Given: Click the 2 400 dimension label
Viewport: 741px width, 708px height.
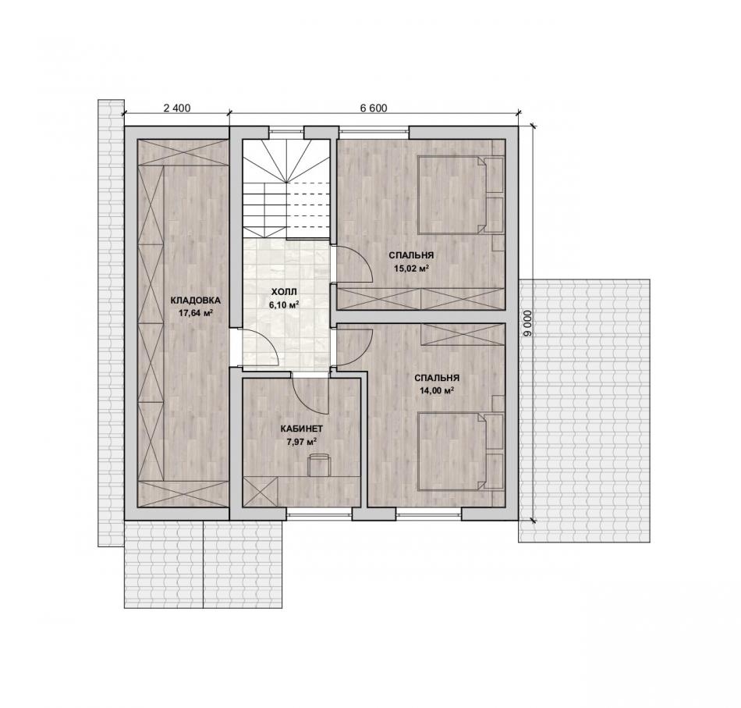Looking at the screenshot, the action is (177, 109).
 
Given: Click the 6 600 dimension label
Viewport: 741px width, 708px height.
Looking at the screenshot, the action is (374, 109).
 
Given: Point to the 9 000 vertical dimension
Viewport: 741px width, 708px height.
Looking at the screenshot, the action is (528, 323).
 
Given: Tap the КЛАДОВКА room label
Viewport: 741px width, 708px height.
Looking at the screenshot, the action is (195, 301).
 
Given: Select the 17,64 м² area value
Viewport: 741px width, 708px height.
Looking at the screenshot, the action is (195, 312).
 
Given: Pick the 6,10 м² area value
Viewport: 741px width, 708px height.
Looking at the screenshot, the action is (285, 305).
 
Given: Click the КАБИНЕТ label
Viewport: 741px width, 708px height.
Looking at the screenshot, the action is (302, 429).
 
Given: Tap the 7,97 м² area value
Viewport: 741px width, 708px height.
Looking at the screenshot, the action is (302, 442).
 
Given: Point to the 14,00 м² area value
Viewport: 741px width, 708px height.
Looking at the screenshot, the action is (437, 390).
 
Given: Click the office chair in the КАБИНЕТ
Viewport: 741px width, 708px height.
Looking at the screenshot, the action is (318, 464).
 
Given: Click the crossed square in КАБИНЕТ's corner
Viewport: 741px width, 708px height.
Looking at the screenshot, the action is (260, 492).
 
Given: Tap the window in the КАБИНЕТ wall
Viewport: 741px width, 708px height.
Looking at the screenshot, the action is (320, 514).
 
